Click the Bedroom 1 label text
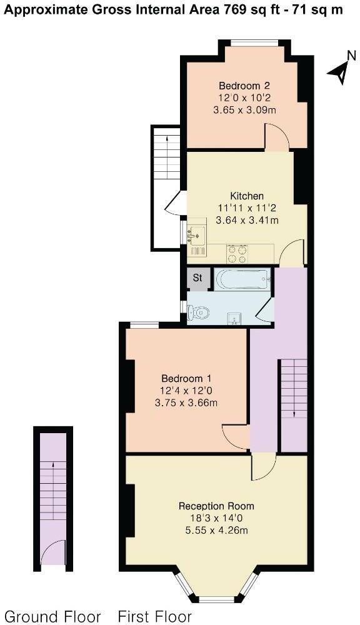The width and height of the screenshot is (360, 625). pos(186,379)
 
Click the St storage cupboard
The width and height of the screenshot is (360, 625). pos(197,279)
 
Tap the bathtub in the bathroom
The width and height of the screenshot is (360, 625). pos(242,279)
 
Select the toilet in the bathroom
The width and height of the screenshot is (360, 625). pos(198,312)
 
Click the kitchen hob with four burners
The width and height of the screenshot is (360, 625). pos(237,253)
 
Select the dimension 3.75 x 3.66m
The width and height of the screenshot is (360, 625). pos(186,402)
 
